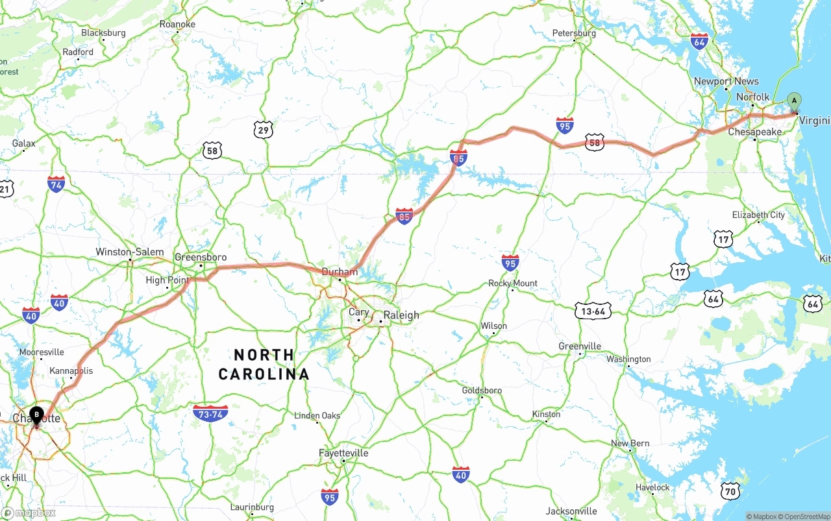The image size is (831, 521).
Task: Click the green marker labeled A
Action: (793, 101)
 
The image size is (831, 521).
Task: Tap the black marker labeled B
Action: (37, 414)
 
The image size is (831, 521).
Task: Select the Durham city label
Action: (340, 272)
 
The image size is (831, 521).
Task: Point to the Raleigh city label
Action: (401, 315)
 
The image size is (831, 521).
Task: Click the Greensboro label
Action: (201, 257)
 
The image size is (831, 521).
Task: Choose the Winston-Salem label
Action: (130, 252)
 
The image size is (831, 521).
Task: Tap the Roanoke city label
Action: (177, 25)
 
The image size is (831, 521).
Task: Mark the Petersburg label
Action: (574, 33)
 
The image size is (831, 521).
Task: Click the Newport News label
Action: (726, 81)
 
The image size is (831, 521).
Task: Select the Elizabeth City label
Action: (758, 215)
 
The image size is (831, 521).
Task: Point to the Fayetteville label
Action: (343, 453)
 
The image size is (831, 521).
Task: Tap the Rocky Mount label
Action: (513, 283)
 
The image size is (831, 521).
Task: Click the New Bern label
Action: (630, 444)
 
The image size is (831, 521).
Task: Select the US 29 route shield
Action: (263, 130)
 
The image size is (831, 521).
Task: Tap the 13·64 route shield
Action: (593, 311)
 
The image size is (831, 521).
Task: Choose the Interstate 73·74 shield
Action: (210, 413)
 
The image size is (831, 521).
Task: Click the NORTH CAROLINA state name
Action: (264, 365)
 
